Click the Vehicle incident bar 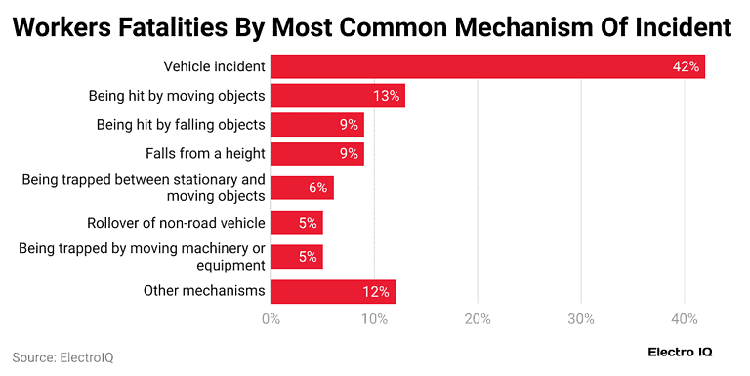tap(487, 66)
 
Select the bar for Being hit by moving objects tap(337, 96)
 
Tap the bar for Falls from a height tap(316, 153)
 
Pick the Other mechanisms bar tap(332, 290)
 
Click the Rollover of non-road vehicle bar tap(296, 223)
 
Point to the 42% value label tap(686, 66)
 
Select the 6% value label tap(318, 188)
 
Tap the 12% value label tap(377, 290)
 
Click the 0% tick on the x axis tap(271, 318)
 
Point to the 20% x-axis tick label tap(478, 318)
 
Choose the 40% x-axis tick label tap(685, 318)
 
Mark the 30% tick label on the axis tap(581, 318)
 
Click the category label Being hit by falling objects tap(181, 124)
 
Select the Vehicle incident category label tap(214, 66)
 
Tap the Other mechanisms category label tap(204, 290)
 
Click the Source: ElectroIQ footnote tap(62, 357)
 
